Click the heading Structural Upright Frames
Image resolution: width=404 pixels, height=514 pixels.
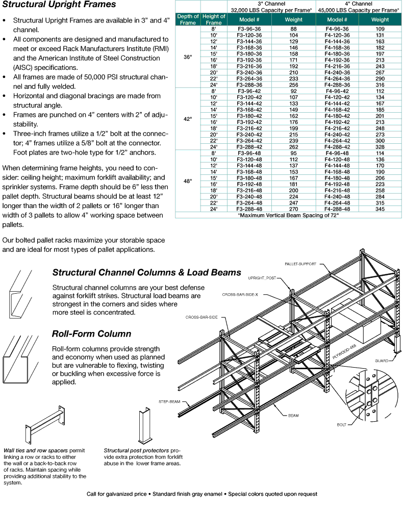coord(59,6)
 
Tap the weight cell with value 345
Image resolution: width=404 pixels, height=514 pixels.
coord(380,209)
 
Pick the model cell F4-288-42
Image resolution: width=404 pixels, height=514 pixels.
coord(337,145)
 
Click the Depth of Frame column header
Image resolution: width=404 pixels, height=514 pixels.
coord(187,19)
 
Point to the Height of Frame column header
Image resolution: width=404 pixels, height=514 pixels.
coord(213,19)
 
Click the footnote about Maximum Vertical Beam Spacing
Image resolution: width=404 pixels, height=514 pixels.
coord(289,215)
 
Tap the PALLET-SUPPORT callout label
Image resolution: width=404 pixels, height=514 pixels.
coord(300,264)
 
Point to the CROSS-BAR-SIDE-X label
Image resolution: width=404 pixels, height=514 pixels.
coord(240,295)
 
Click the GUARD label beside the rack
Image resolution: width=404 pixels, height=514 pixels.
coord(382,361)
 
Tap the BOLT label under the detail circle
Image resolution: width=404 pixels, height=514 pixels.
coord(342,424)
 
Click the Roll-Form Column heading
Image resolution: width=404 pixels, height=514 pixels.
coord(91,334)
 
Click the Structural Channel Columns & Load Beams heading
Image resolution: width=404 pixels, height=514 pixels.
coord(146,273)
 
